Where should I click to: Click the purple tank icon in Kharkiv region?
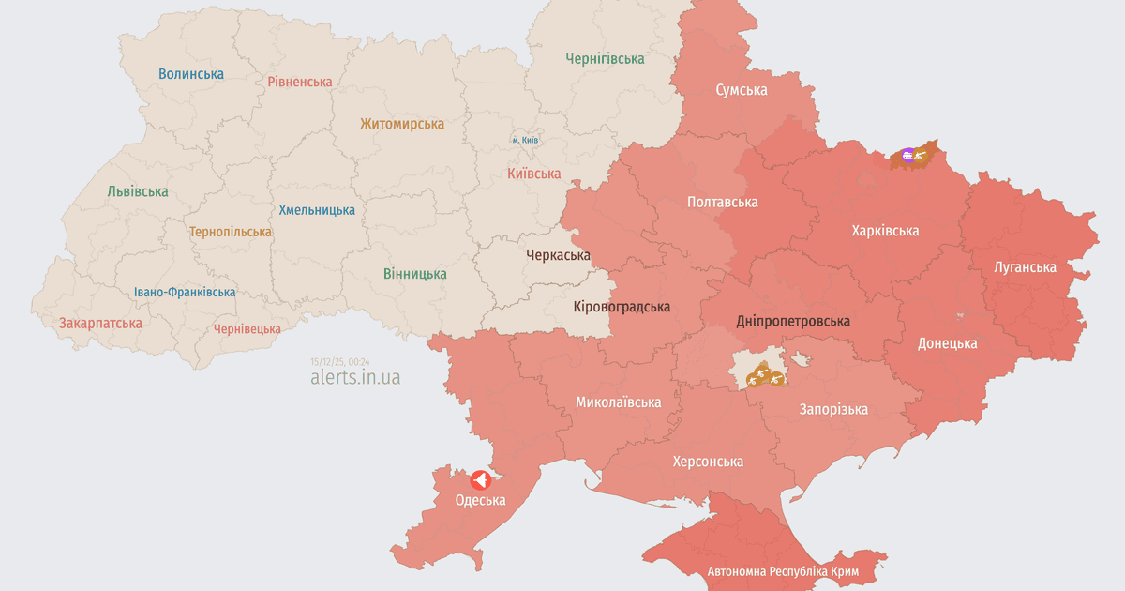pos(907,155)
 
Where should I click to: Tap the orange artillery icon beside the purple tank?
pos(922,156)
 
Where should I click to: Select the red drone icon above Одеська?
pos(479,479)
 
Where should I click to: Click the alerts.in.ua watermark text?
pos(355,377)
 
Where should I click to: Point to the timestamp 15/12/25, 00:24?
pos(340,361)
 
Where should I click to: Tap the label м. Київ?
pos(525,140)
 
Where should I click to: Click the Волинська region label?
pos(191,73)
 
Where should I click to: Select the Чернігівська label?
pos(605,58)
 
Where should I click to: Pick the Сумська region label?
pos(741,90)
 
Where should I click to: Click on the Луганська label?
pos(1025,266)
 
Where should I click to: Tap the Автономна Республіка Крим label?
pos(784,571)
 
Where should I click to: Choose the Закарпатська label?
pos(100,323)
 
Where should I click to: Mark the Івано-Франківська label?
pos(185,292)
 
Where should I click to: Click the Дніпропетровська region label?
pos(793,321)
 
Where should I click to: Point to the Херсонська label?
pos(708,462)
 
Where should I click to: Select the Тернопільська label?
pos(231,231)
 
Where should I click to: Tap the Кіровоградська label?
pos(622,307)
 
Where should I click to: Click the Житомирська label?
pos(402,123)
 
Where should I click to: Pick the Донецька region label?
pos(947,343)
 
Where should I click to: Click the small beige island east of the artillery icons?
pos(801,359)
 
